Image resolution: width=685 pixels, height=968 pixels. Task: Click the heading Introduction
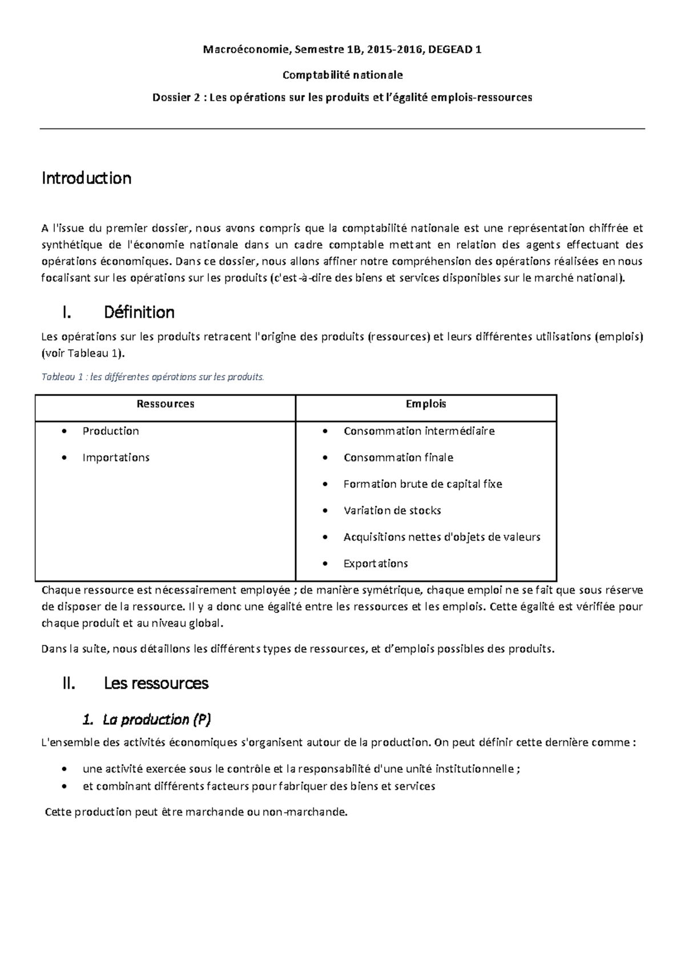pyautogui.click(x=86, y=178)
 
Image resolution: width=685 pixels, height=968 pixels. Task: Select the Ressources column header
pyautogui.click(x=166, y=404)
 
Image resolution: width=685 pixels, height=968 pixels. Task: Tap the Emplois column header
pyautogui.click(x=426, y=404)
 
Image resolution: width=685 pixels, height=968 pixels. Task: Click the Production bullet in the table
pyautogui.click(x=111, y=431)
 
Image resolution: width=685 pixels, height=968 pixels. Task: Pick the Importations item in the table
pyautogui.click(x=116, y=457)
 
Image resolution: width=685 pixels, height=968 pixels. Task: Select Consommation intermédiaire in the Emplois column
pyautogui.click(x=419, y=431)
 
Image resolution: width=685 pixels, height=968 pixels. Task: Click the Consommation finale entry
pyautogui.click(x=398, y=457)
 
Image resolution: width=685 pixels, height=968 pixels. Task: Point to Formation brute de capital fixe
pyautogui.click(x=422, y=484)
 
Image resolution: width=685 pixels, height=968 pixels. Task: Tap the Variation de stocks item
pyautogui.click(x=392, y=510)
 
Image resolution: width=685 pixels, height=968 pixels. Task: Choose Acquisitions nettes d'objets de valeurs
pyautogui.click(x=442, y=537)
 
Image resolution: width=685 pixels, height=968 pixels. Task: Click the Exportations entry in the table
pyautogui.click(x=376, y=563)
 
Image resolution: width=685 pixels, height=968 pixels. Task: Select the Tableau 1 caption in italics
pyautogui.click(x=153, y=377)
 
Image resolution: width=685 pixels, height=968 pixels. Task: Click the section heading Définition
pyautogui.click(x=139, y=312)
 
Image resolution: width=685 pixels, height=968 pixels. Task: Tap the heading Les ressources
pyautogui.click(x=156, y=683)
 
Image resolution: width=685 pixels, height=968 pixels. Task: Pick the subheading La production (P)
pyautogui.click(x=156, y=720)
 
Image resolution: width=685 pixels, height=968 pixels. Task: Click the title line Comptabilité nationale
pyautogui.click(x=342, y=75)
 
